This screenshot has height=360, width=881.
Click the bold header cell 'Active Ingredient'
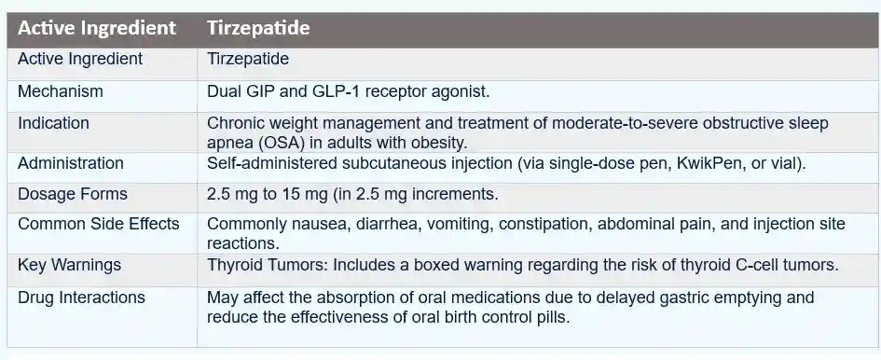[97, 28]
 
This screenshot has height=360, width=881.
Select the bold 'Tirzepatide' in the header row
[258, 28]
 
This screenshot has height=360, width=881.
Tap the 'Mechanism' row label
[61, 92]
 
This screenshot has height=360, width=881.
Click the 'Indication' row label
[54, 123]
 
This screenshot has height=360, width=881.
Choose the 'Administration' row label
[71, 163]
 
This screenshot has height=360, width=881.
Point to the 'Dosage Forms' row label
[73, 195]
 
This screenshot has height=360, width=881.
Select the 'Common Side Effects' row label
[99, 224]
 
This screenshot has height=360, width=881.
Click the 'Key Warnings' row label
[70, 265]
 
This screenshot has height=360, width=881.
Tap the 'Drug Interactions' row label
[82, 298]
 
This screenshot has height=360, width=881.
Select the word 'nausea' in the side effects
[313, 224]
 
